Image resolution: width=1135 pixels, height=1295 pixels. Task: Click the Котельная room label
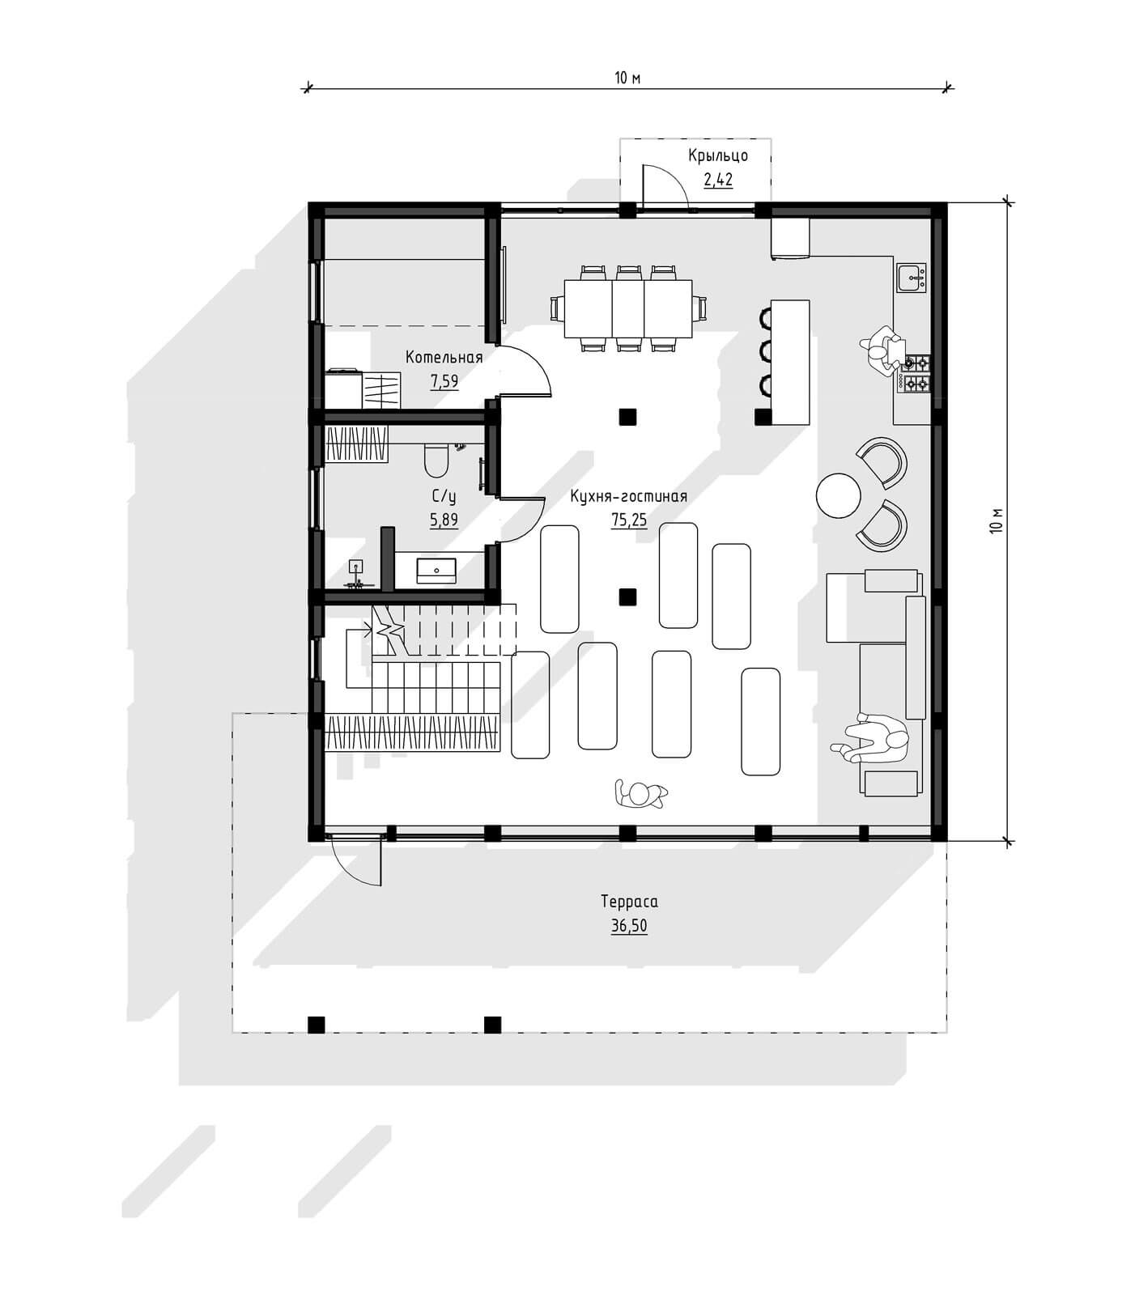point(444,358)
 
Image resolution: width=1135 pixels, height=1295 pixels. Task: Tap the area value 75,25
point(629,520)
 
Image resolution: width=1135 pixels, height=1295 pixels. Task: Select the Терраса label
point(629,902)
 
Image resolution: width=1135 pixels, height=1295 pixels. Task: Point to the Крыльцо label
point(718,155)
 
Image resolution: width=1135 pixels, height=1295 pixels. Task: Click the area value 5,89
point(444,520)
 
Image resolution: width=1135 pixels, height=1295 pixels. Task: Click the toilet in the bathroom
point(436,459)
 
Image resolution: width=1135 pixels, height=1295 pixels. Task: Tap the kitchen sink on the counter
point(912,277)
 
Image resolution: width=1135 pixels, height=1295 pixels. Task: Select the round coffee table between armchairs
point(838,495)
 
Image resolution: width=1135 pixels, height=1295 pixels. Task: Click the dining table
point(628,307)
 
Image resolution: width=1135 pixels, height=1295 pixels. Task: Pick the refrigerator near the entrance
point(790,238)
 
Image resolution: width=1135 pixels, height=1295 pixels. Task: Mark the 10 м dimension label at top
point(627,78)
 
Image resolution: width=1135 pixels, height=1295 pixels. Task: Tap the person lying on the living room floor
point(640,794)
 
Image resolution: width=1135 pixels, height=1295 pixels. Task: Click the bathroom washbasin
point(436,571)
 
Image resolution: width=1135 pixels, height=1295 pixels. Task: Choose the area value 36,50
point(629,926)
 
